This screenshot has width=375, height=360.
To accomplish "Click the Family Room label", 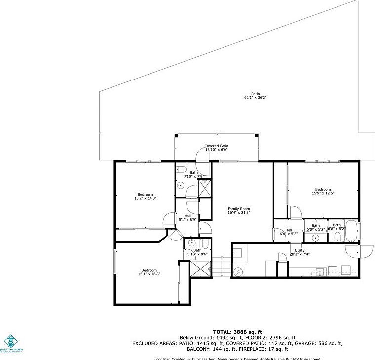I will pos(239,211).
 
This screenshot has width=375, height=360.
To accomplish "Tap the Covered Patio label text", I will pos(216,148).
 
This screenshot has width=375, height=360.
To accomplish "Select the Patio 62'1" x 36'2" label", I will pos(255,96).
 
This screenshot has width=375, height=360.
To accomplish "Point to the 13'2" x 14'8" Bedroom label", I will pos(145,196).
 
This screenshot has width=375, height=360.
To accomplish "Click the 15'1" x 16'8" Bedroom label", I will pos(149,272).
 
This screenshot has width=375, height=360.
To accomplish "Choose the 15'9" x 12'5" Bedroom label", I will pos(323,191).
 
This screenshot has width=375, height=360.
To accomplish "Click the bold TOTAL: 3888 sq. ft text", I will pos(237,332).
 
